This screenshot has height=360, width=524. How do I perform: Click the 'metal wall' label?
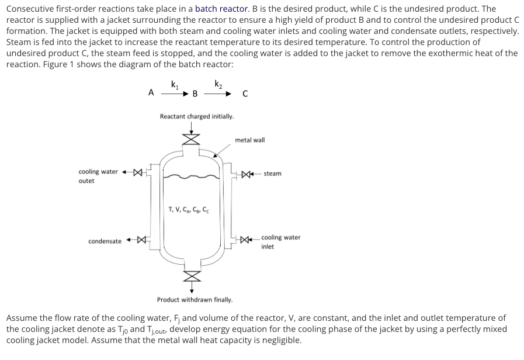[x=249, y=140]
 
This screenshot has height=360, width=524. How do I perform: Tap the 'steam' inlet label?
[x=272, y=174]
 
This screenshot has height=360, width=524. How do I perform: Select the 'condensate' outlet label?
[x=105, y=241]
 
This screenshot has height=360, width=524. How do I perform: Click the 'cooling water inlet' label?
[x=280, y=241]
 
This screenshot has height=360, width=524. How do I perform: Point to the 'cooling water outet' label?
[x=98, y=176]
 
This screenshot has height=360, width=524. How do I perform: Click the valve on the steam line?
[x=249, y=174]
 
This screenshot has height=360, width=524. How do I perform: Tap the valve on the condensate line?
[x=140, y=240]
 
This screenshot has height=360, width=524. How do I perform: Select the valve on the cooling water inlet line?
[x=248, y=238]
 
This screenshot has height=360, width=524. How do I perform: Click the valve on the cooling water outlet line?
[x=137, y=172]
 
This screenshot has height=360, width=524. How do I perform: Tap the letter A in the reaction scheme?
[x=151, y=92]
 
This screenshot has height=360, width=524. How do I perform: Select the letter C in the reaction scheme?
[x=245, y=93]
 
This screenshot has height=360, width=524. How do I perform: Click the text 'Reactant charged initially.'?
[x=197, y=116]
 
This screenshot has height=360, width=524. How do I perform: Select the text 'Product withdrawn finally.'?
[x=195, y=300]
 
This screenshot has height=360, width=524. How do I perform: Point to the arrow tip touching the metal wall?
[x=215, y=156]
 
